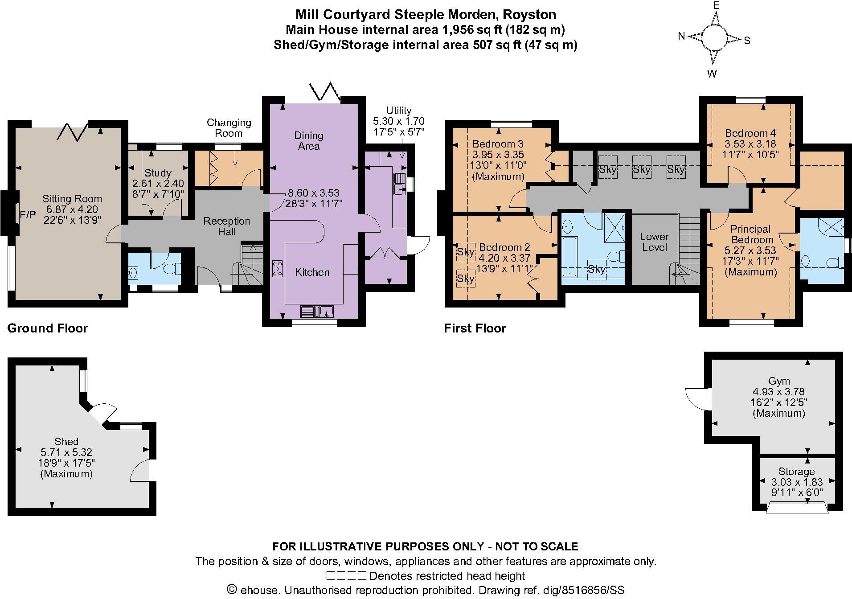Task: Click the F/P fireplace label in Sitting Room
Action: click(27, 215)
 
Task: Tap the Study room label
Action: click(158, 173)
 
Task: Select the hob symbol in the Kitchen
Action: click(278, 269)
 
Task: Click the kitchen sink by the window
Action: click(317, 311)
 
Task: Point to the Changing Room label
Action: click(229, 127)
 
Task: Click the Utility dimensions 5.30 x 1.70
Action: click(398, 121)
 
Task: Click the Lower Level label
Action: click(654, 242)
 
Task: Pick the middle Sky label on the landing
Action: click(642, 169)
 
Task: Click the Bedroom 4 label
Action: click(750, 133)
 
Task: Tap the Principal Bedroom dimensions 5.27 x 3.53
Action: click(751, 250)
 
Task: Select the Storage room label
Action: click(796, 472)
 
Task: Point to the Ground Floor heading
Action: click(48, 328)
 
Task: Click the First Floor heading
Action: click(475, 328)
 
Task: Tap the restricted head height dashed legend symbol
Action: click(346, 576)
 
